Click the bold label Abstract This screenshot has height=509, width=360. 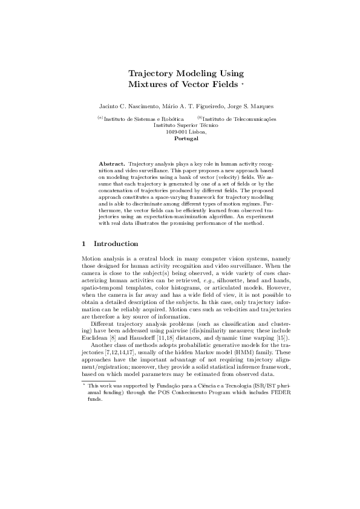point(111,164)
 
